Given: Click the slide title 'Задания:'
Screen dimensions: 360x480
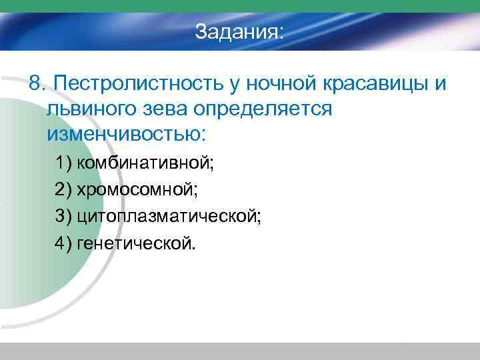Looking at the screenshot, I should pos(239,31).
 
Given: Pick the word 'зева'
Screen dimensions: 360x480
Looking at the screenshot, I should pos(169,109).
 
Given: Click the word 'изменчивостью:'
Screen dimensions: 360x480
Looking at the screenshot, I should pos(127,133).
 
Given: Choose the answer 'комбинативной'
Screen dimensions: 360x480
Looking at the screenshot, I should pos(149,162).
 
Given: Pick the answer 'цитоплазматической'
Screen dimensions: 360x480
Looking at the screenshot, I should pos(169,216).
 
